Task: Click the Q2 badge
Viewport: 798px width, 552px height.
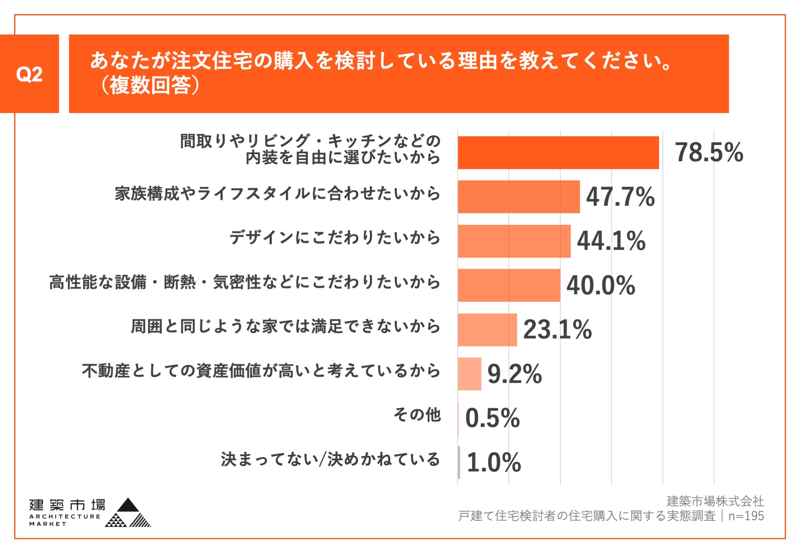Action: [29, 74]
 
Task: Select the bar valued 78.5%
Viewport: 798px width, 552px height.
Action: [558, 152]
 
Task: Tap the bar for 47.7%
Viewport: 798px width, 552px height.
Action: [518, 196]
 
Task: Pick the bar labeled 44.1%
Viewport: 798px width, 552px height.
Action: [514, 241]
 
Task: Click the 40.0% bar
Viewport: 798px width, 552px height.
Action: [509, 285]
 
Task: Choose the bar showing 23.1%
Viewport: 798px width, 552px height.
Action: [487, 329]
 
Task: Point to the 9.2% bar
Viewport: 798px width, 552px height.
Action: [469, 373]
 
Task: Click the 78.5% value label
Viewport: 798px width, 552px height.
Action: [709, 152]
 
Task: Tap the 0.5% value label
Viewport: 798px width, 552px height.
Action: [493, 418]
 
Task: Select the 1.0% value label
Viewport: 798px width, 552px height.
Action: [494, 462]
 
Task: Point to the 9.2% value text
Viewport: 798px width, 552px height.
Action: [515, 373]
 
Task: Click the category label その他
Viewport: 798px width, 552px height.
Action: [417, 415]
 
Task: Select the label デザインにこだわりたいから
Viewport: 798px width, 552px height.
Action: [335, 238]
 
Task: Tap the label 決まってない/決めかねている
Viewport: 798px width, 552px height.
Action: [330, 459]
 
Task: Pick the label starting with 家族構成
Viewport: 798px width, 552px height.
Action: [277, 194]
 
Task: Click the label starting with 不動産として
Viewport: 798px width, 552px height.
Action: [261, 370]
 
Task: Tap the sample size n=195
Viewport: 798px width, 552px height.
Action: [746, 516]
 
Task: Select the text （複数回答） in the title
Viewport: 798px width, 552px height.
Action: [150, 85]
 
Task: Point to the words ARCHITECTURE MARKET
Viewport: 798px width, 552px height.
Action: [64, 520]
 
